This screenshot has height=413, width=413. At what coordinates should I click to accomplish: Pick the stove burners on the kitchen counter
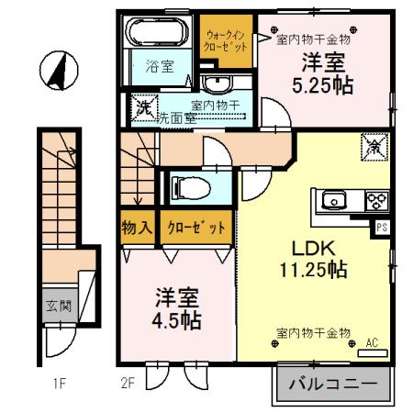click(377, 199)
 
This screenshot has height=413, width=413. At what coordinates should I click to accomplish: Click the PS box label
click(381, 225)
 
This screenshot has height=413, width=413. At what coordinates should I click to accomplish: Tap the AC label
click(373, 344)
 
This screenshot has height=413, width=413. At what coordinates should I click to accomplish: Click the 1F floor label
click(58, 385)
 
